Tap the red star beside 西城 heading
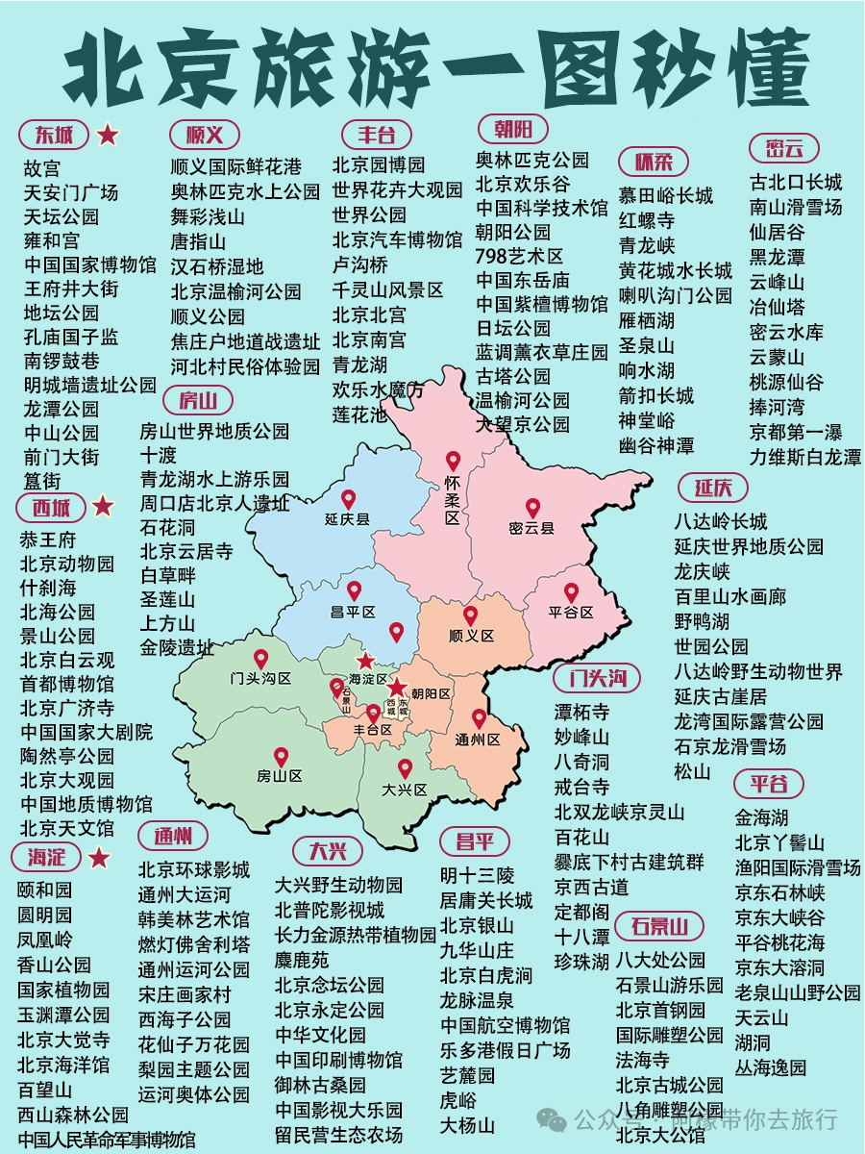tap(103, 506)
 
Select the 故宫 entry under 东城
tap(41, 168)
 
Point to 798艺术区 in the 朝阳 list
tap(519, 256)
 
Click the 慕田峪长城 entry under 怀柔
tap(666, 195)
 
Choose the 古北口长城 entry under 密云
tap(795, 182)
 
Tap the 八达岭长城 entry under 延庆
tap(720, 521)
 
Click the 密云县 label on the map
tap(531, 528)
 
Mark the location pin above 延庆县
tap(348, 499)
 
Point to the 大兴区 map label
tap(404, 790)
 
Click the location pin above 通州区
tap(479, 718)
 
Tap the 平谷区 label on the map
tap(571, 612)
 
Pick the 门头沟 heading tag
tap(596, 678)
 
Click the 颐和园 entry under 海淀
tap(44, 890)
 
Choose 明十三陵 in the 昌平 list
tap(477, 875)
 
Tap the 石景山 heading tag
tap(660, 927)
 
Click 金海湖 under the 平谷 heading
tap(761, 817)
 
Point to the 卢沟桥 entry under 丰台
tap(360, 264)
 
